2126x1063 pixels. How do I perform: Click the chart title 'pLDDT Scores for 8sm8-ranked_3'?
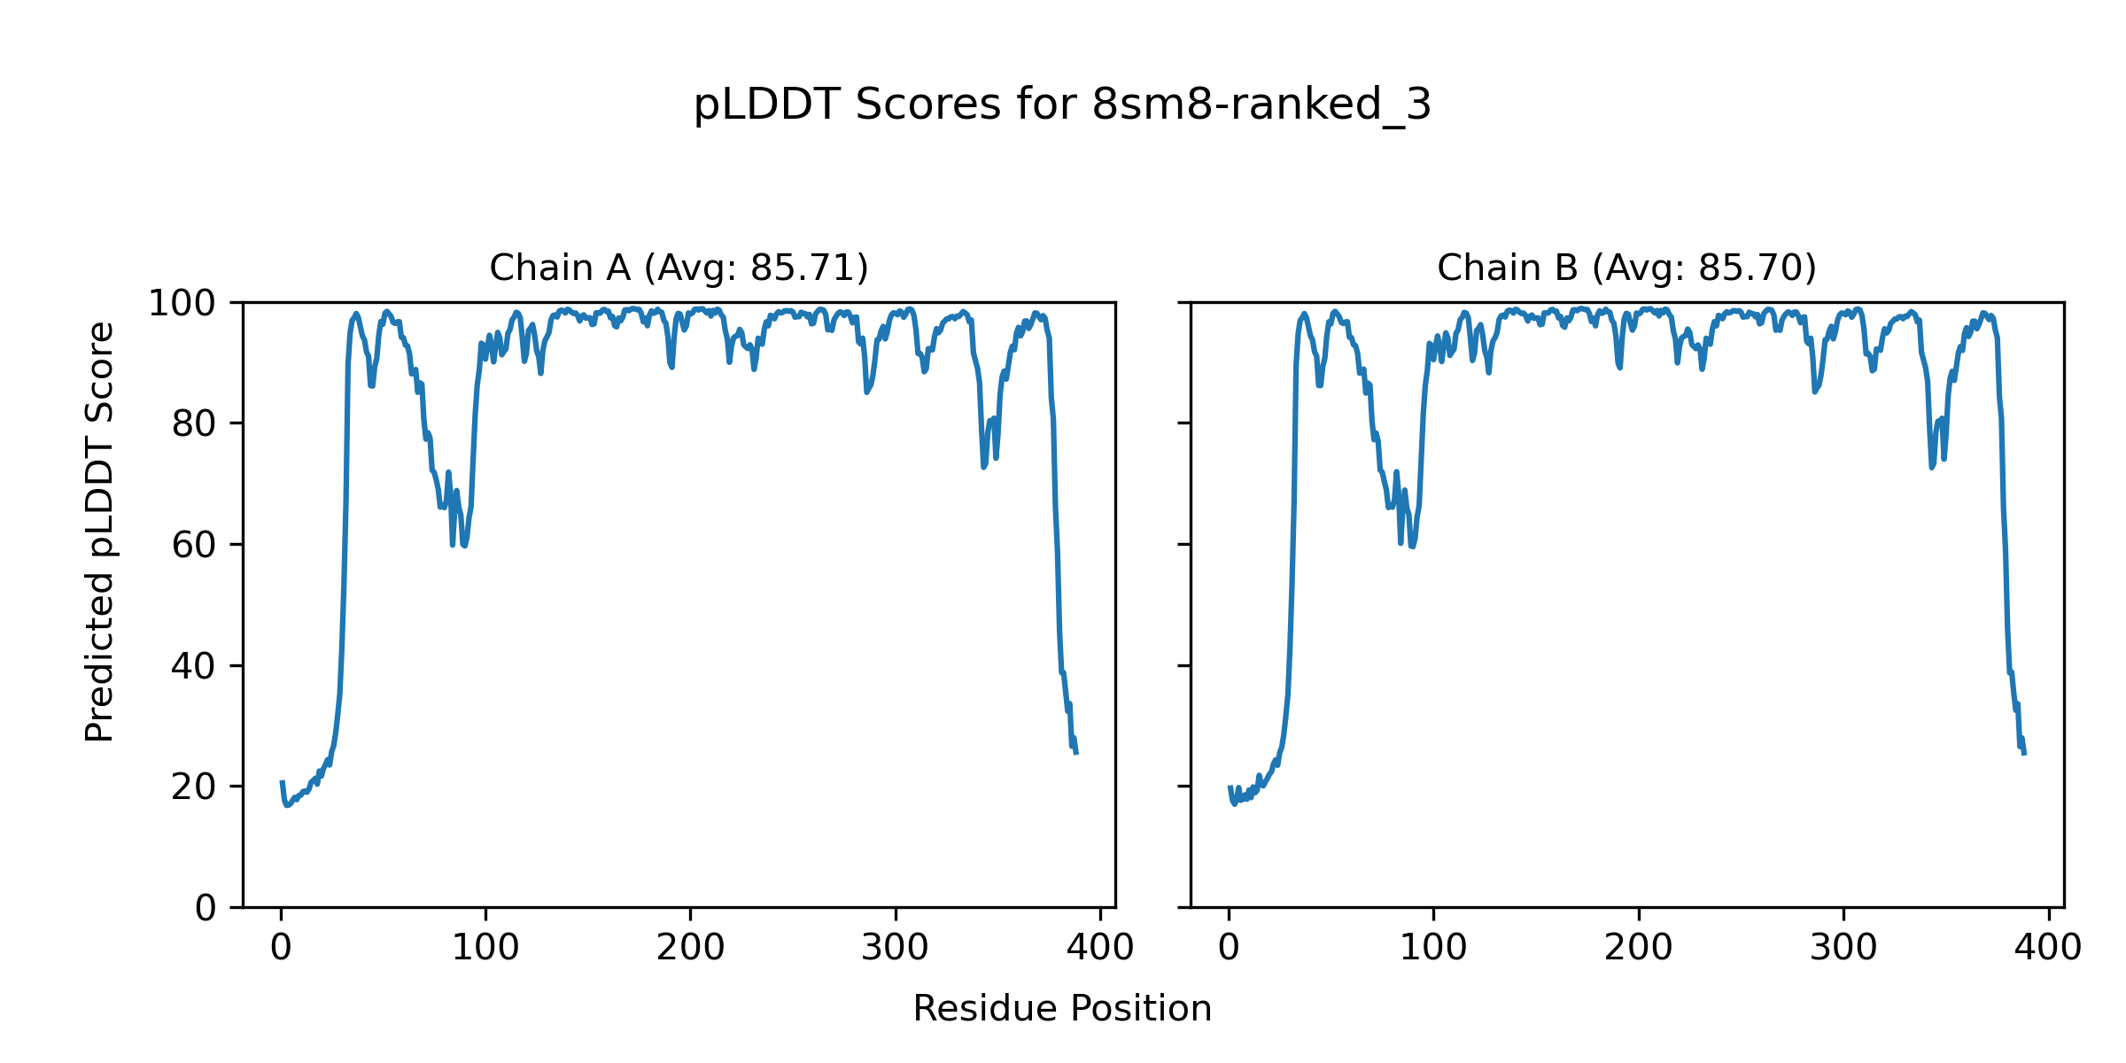(x=1062, y=105)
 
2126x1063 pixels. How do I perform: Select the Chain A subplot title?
(x=679, y=268)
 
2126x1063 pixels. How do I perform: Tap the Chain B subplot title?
(x=1626, y=268)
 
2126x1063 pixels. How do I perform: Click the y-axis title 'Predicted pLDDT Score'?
(x=100, y=531)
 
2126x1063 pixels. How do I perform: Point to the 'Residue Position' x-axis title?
(x=1062, y=1009)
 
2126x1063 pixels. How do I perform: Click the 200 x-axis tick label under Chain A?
(x=690, y=949)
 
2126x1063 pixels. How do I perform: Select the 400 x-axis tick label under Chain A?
(x=1100, y=949)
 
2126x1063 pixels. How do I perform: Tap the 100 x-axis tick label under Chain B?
(x=1433, y=949)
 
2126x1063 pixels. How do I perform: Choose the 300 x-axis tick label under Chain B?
(x=1843, y=949)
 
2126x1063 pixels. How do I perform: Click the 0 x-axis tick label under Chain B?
(x=1229, y=949)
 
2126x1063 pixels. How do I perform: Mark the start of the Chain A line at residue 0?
(x=282, y=782)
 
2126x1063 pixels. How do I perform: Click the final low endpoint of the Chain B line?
(x=2024, y=754)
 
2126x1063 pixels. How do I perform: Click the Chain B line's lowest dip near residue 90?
(x=1412, y=547)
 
